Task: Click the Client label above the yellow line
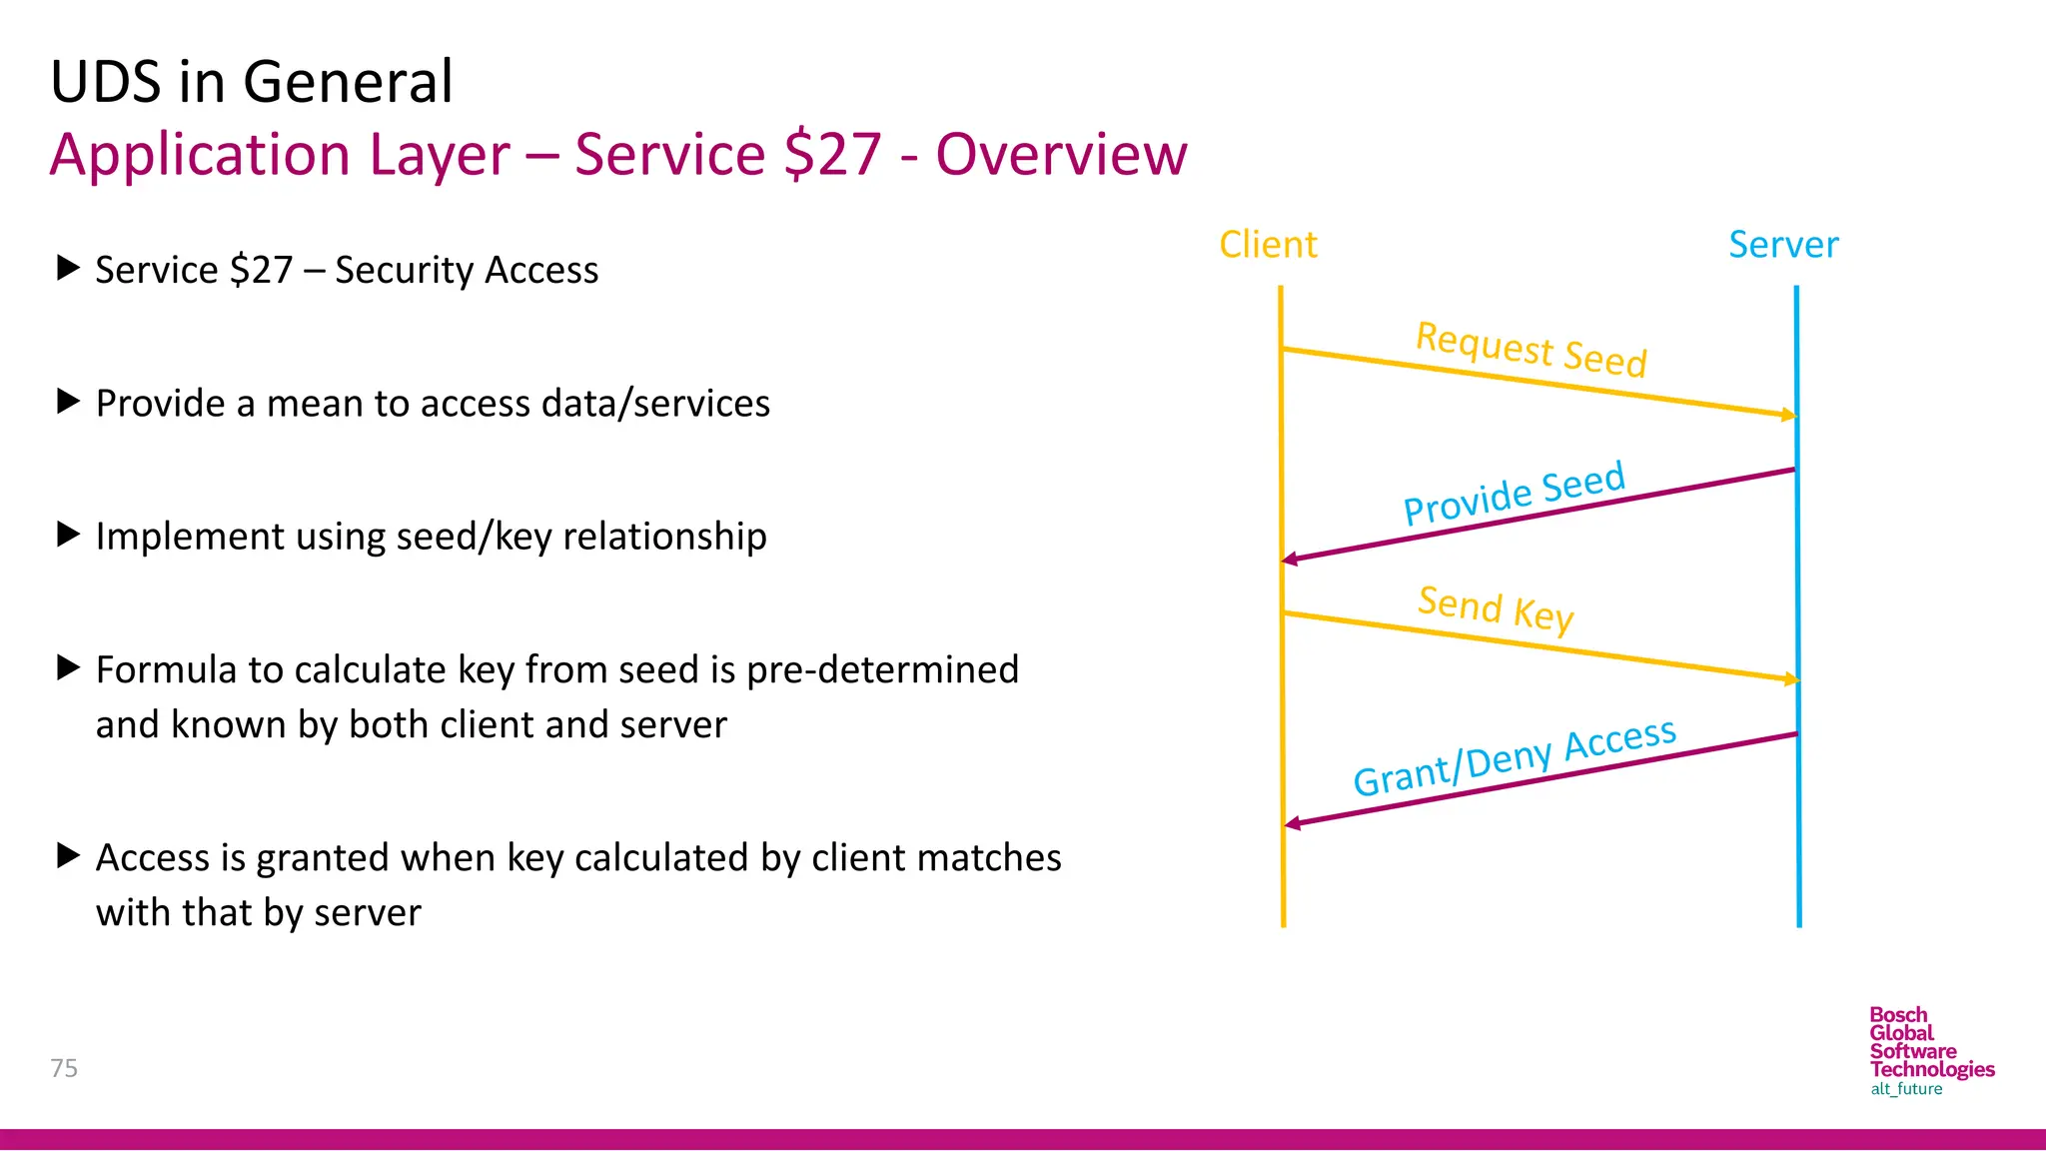point(1268,245)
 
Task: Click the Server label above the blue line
point(1783,245)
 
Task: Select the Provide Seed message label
point(1514,494)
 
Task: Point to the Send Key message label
point(1496,607)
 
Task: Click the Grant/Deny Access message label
point(1514,757)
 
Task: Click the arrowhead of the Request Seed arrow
point(1789,415)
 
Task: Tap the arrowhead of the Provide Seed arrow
point(1290,560)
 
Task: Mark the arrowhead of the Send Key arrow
point(1791,679)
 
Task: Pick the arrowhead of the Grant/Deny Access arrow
point(1292,823)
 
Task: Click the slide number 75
point(64,1068)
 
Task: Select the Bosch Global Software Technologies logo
point(1930,1051)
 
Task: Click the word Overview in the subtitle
point(1061,155)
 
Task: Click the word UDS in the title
point(106,82)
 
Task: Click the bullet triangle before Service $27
point(68,268)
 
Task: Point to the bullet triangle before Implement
point(68,535)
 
